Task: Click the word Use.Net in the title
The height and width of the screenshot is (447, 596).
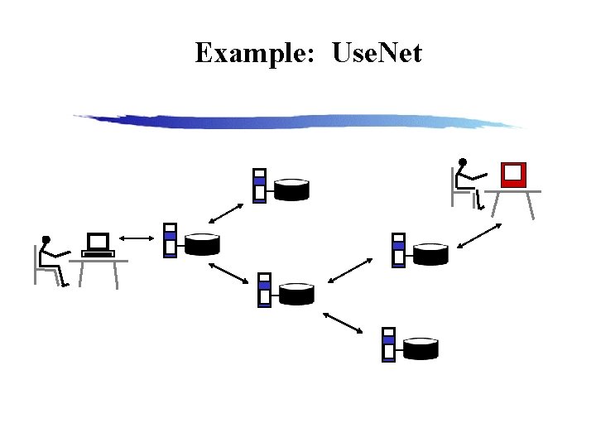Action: pyautogui.click(x=377, y=54)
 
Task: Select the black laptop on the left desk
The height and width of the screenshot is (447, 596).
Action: pyautogui.click(x=98, y=246)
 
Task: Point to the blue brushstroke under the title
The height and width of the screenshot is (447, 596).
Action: pyautogui.click(x=298, y=121)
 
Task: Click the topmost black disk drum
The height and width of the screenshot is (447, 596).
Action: pyautogui.click(x=291, y=190)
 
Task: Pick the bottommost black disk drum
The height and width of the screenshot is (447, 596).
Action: pyautogui.click(x=421, y=348)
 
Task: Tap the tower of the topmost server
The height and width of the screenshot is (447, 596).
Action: pyautogui.click(x=259, y=185)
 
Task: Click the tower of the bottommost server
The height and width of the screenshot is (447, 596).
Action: pyautogui.click(x=388, y=344)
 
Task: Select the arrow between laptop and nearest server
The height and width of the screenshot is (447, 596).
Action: pyautogui.click(x=138, y=239)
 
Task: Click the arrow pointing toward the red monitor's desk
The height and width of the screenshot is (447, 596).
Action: pyautogui.click(x=479, y=236)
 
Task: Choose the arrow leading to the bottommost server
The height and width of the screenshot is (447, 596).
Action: pyautogui.click(x=343, y=322)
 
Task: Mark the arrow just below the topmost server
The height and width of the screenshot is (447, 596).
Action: pyautogui.click(x=225, y=212)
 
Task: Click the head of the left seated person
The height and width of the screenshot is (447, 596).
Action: pyautogui.click(x=46, y=241)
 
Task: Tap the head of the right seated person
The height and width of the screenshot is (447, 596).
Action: pyautogui.click(x=463, y=162)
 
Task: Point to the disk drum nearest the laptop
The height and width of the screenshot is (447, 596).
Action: pyautogui.click(x=202, y=244)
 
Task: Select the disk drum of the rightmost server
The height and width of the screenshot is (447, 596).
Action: pyautogui.click(x=430, y=253)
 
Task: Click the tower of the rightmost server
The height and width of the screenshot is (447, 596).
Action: pyautogui.click(x=398, y=250)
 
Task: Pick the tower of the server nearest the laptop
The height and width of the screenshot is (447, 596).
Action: pyautogui.click(x=170, y=240)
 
